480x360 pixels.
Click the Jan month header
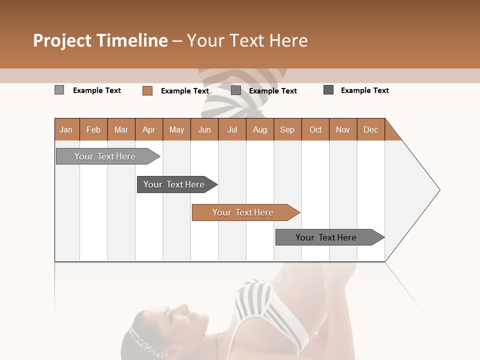tap(66, 129)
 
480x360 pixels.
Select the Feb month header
tap(93, 129)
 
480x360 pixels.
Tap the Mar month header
tap(121, 129)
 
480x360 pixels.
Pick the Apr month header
tap(149, 129)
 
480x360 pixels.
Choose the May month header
tap(176, 129)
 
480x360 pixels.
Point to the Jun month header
tap(204, 129)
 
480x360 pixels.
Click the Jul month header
tap(232, 129)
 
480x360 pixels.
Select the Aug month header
tap(260, 129)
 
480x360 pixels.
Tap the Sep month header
tap(287, 129)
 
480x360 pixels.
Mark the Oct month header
tap(315, 129)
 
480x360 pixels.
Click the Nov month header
tap(343, 129)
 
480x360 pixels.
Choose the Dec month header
tap(371, 129)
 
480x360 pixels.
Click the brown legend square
tap(147, 90)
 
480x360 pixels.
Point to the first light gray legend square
tap(59, 90)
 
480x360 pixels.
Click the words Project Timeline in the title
tap(100, 40)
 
